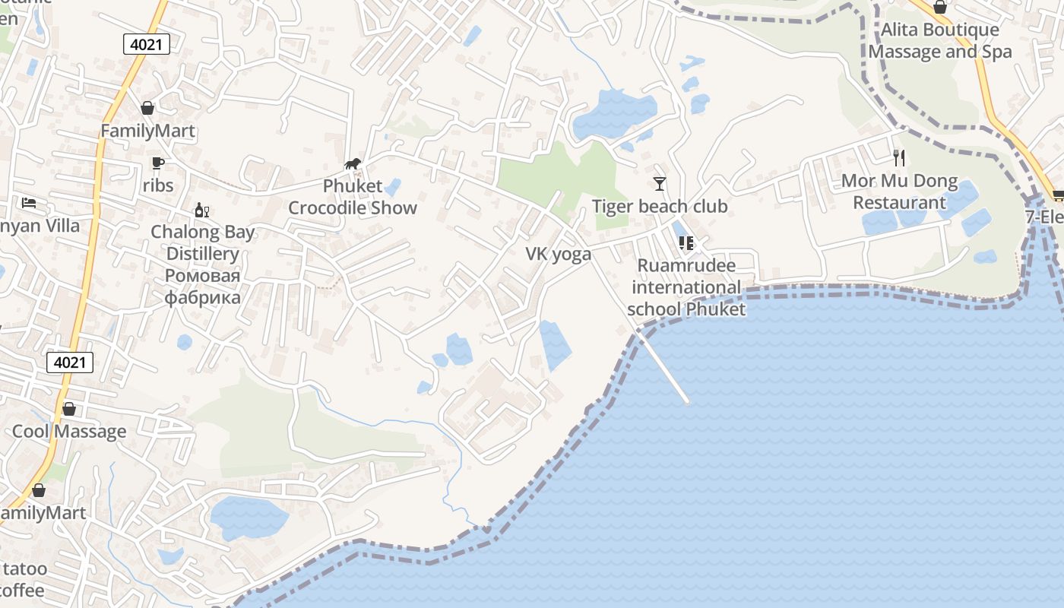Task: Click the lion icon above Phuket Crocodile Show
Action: coord(352,163)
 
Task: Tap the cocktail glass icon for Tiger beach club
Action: coord(659,184)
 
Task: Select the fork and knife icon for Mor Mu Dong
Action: coord(899,158)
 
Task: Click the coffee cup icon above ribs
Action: coord(157,163)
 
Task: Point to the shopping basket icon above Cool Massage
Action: coord(69,409)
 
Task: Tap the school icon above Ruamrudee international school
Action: coord(686,243)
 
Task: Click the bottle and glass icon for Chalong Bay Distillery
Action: coord(201,211)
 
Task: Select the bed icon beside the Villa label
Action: coord(29,204)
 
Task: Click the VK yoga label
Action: coord(559,254)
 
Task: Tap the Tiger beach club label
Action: coord(660,206)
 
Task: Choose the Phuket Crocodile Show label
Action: coord(353,197)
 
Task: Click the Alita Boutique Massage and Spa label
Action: coord(940,41)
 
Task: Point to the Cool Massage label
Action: coord(69,432)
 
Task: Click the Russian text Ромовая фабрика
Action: coord(202,286)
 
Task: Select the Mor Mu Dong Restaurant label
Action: coord(899,192)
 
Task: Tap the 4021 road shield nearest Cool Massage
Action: coord(70,363)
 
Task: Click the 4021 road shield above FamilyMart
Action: coord(146,44)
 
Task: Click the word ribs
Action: coord(158,185)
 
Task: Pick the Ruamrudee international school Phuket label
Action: coord(686,287)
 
